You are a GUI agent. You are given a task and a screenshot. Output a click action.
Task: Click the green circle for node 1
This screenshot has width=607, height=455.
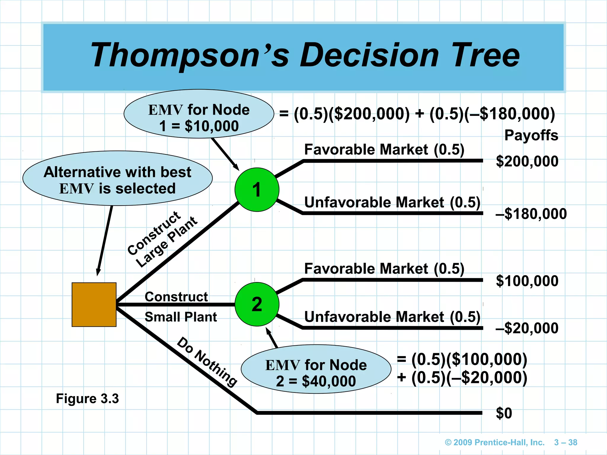(x=257, y=190)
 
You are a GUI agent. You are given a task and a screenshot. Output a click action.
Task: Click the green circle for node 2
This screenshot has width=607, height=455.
(x=257, y=304)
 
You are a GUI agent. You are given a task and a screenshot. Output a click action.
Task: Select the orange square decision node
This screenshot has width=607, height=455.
(x=94, y=305)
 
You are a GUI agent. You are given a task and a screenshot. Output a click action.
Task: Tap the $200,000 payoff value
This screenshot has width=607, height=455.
(x=527, y=161)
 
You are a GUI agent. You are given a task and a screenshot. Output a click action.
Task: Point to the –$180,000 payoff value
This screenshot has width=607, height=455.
(x=531, y=214)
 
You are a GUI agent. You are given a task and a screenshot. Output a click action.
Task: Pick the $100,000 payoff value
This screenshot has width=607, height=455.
(x=527, y=281)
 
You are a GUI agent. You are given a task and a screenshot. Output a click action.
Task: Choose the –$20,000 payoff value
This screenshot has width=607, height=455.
(x=527, y=328)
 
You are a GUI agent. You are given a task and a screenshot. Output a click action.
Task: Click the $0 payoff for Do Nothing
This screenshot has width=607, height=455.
(x=504, y=413)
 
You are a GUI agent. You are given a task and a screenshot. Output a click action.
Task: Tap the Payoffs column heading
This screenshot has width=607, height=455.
(x=531, y=135)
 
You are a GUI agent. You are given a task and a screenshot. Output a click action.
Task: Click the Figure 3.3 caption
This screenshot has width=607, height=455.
(x=87, y=398)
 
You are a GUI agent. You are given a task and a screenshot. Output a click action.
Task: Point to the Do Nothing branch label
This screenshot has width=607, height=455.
(x=207, y=362)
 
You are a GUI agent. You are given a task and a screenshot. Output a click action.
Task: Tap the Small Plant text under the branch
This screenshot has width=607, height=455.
(x=180, y=317)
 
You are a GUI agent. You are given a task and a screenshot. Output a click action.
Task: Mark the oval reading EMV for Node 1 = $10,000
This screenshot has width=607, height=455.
(x=199, y=114)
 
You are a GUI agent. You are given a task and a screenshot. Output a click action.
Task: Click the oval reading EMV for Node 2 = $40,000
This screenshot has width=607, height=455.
(x=316, y=369)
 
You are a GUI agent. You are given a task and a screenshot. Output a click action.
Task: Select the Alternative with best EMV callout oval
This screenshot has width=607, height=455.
(x=117, y=178)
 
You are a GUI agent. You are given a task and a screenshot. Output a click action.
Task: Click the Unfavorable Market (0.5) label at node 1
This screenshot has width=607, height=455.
(x=392, y=203)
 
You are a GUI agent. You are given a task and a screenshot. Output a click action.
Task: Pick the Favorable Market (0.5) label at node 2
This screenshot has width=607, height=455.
(x=384, y=269)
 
